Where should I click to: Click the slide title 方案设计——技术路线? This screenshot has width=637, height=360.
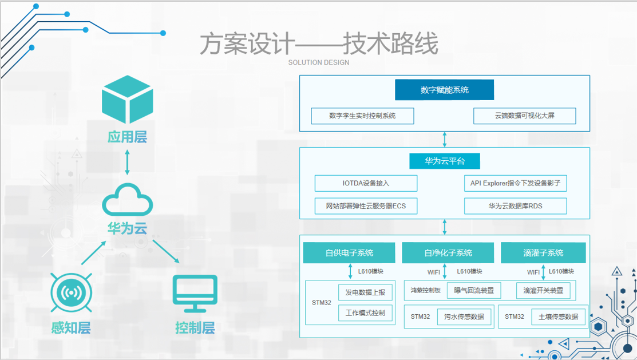pos(318,44)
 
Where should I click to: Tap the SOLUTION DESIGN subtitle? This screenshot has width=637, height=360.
pos(318,62)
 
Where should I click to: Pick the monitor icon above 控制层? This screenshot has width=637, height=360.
pos(195,293)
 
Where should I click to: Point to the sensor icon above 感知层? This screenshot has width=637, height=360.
pos(71,292)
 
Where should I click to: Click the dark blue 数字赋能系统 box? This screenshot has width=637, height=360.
pos(444,90)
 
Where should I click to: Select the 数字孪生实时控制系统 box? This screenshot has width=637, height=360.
pos(362,116)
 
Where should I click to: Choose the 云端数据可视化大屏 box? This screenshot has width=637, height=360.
pos(524,116)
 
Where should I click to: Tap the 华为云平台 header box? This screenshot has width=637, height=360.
pos(444,161)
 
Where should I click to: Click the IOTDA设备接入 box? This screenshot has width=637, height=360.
pos(366,183)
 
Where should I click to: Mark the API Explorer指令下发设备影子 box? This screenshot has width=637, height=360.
pos(515,183)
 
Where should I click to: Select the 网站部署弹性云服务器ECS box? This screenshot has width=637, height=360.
pos(366,205)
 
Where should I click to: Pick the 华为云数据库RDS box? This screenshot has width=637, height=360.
pos(515,205)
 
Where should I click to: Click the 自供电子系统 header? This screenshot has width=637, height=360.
pos(349,252)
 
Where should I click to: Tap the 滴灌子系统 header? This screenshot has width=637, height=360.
pos(543,252)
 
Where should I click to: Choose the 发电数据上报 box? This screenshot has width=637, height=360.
pos(365,292)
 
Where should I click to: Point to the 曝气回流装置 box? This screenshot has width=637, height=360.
pos(473,290)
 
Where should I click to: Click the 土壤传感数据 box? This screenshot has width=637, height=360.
pos(559,317)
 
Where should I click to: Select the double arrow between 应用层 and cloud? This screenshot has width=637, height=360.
pos(127,162)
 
